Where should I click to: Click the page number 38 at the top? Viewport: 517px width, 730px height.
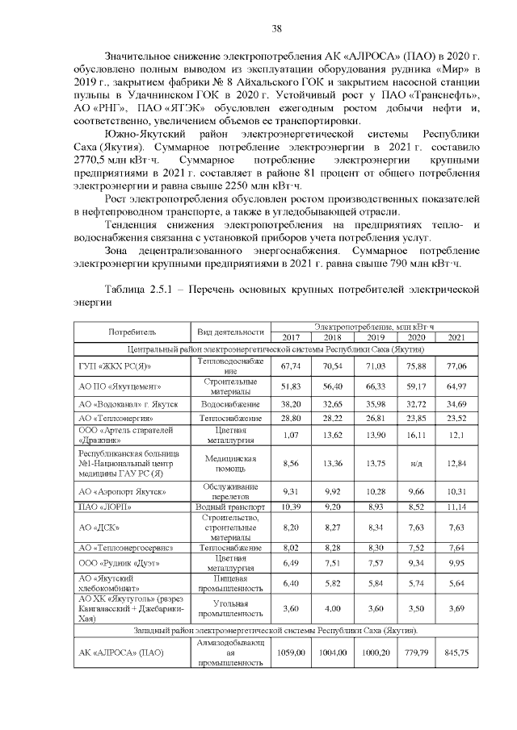click(276, 29)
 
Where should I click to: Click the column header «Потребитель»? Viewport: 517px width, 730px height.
click(132, 331)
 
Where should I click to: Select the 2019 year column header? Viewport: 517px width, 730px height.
click(375, 337)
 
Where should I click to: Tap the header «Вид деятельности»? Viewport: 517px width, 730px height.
click(231, 331)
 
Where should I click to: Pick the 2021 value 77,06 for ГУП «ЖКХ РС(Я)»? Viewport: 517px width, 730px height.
click(456, 365)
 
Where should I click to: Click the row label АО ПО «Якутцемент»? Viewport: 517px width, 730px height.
click(114, 386)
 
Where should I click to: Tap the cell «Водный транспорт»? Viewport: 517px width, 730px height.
click(231, 507)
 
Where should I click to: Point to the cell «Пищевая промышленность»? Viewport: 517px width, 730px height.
click(231, 583)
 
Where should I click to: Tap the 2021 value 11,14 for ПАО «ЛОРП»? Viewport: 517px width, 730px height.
click(456, 507)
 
